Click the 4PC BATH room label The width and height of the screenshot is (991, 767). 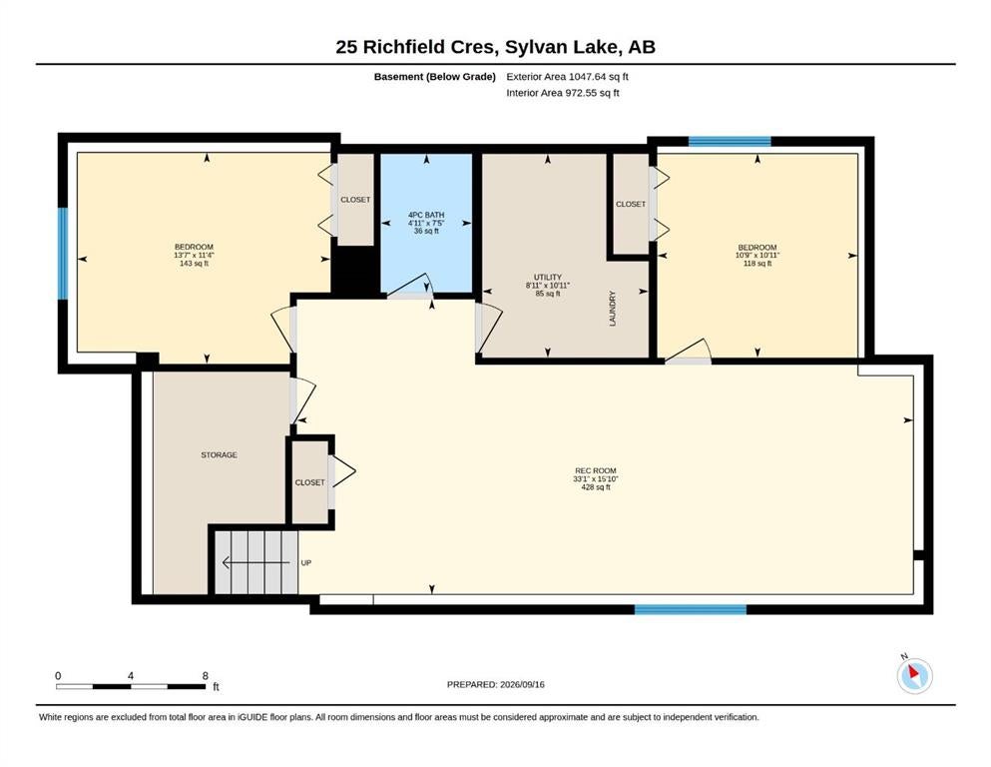(426, 215)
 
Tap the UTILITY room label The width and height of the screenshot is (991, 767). (547, 277)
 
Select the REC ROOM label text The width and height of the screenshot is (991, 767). (596, 470)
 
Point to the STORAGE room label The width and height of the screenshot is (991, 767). (220, 454)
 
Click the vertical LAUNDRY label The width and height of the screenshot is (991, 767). (612, 309)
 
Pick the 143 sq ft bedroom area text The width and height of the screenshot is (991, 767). (194, 263)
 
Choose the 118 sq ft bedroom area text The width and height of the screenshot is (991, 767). (757, 264)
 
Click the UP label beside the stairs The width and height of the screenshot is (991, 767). (306, 562)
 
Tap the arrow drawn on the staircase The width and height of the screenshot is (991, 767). (255, 562)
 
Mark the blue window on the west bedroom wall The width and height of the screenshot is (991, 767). (63, 253)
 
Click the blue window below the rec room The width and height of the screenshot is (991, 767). (691, 609)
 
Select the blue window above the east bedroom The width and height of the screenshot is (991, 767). (730, 142)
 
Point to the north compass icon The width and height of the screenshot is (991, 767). (914, 675)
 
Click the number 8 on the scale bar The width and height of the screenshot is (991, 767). (206, 676)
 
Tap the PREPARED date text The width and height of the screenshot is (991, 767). (495, 684)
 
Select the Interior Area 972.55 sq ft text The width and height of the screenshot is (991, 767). (563, 93)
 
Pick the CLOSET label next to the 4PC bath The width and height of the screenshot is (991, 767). (355, 200)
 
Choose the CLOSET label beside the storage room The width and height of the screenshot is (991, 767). (309, 482)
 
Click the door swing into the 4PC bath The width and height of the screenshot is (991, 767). (411, 286)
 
